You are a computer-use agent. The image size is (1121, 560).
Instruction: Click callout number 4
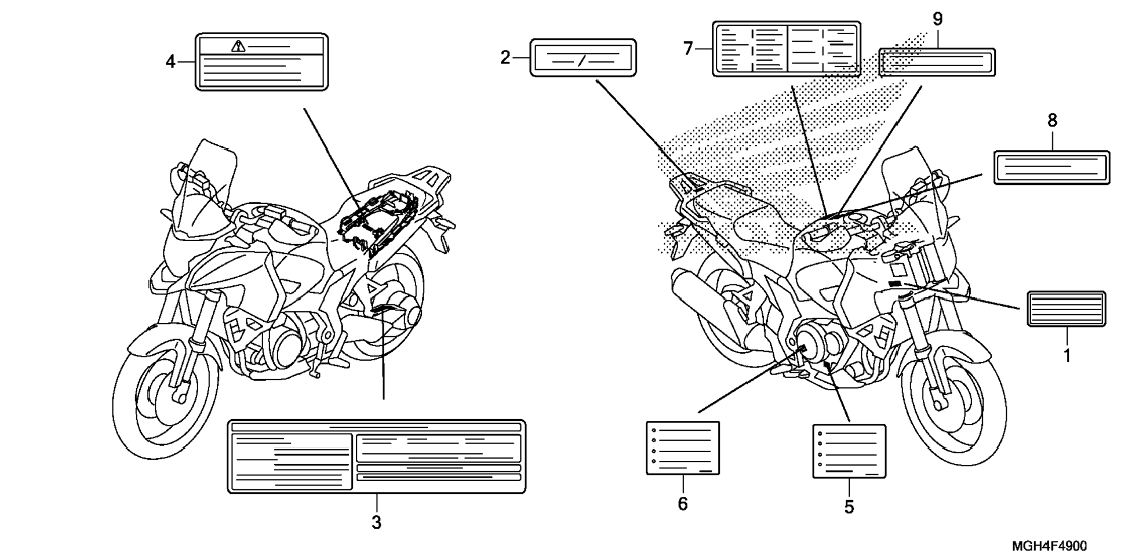pos(170,61)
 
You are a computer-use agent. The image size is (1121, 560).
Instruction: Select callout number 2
pos(505,57)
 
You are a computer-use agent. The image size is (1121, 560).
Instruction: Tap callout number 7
pos(688,49)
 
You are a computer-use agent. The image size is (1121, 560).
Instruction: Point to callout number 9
pos(937,19)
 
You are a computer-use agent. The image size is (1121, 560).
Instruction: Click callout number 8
pos(1052,121)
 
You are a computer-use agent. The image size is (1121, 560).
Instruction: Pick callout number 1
pos(1067,355)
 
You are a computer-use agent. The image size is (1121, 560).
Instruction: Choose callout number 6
pos(683,504)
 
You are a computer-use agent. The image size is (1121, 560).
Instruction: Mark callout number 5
pos(849,507)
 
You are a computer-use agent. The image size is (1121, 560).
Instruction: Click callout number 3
pos(376,522)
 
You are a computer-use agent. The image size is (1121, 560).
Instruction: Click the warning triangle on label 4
pos(238,46)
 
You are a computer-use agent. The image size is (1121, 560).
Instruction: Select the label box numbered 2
pos(583,58)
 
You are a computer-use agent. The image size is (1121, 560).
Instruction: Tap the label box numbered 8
pos(1051,168)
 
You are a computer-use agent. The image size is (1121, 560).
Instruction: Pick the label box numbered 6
pos(683,448)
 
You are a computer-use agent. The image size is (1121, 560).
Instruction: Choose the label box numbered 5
pos(849,451)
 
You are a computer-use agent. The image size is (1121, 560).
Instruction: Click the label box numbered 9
pos(937,62)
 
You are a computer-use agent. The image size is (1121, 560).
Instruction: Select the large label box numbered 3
pos(376,457)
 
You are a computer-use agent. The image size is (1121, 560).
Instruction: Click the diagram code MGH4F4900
pos(1049,546)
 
